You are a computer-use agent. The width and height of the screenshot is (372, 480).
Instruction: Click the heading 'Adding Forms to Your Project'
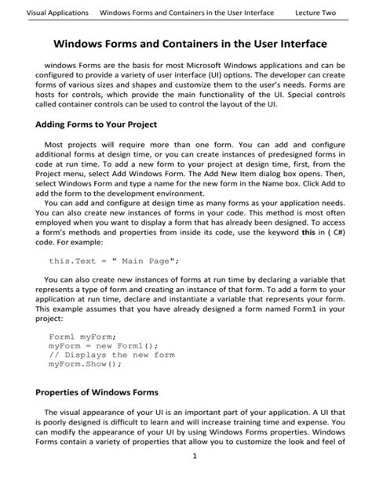[x=97, y=125]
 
